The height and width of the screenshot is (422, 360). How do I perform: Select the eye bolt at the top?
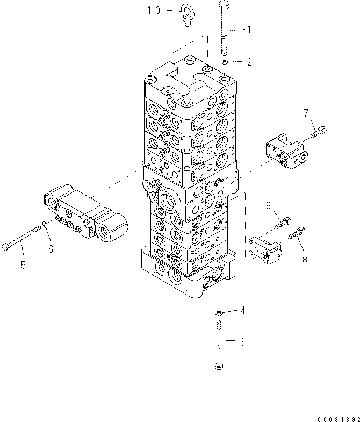(x=187, y=15)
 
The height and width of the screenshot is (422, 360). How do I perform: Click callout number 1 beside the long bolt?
(x=248, y=31)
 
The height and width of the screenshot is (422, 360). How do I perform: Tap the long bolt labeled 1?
(x=225, y=30)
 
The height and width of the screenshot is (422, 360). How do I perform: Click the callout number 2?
(x=249, y=62)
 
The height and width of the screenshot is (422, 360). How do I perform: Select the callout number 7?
(x=306, y=113)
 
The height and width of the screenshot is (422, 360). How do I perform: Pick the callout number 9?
(x=268, y=205)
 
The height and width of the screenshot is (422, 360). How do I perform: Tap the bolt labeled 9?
(x=283, y=222)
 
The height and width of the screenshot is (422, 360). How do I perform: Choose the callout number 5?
(x=23, y=265)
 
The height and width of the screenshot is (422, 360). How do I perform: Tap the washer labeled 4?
(x=219, y=312)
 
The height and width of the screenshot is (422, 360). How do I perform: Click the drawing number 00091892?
(x=333, y=415)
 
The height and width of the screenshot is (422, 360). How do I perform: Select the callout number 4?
(x=243, y=310)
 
